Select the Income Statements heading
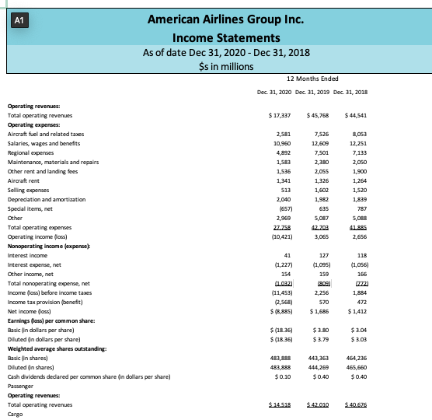pos(215,37)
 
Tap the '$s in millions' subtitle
pos(215,66)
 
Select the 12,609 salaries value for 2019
pos(319,142)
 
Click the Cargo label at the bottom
pos(16,415)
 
